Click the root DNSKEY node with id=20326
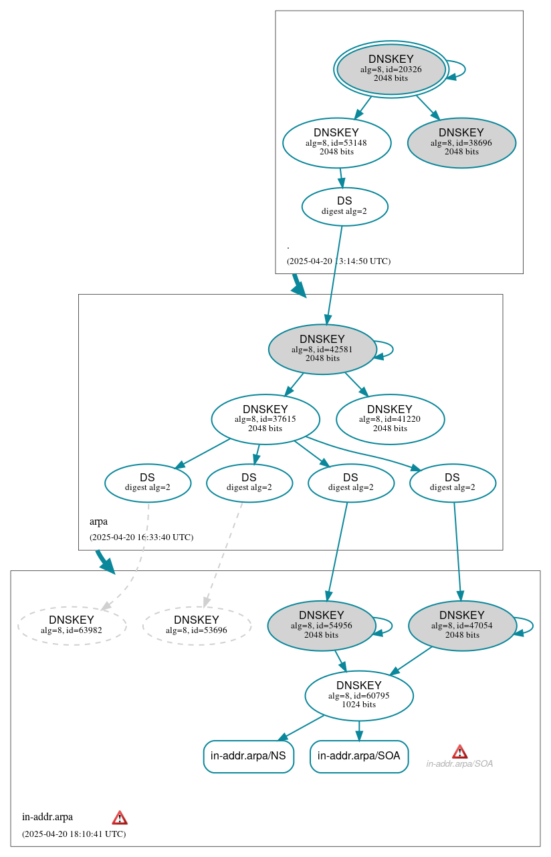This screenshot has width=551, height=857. [391, 69]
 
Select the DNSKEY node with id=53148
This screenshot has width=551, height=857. [336, 142]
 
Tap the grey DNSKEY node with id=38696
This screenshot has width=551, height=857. [461, 142]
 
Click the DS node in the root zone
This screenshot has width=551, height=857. [344, 206]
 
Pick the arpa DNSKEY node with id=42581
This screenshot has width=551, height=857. [322, 349]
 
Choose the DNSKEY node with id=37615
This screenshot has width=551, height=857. [265, 419]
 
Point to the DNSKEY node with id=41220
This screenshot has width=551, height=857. [390, 419]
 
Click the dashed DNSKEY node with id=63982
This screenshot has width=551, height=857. [72, 625]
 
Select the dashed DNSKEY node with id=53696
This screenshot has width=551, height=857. [197, 625]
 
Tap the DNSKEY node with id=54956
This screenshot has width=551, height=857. [322, 625]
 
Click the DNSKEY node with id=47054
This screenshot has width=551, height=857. [462, 625]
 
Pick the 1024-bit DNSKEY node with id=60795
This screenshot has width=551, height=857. [359, 695]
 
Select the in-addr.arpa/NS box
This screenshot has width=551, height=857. [248, 756]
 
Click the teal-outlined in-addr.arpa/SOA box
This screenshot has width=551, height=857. [359, 756]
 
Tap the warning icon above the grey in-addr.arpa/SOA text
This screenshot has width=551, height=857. [459, 751]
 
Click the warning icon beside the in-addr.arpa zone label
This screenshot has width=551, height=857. [120, 818]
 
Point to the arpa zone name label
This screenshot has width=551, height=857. [98, 521]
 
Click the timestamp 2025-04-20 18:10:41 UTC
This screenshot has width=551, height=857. [74, 834]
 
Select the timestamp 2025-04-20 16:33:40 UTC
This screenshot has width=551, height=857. [141, 537]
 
